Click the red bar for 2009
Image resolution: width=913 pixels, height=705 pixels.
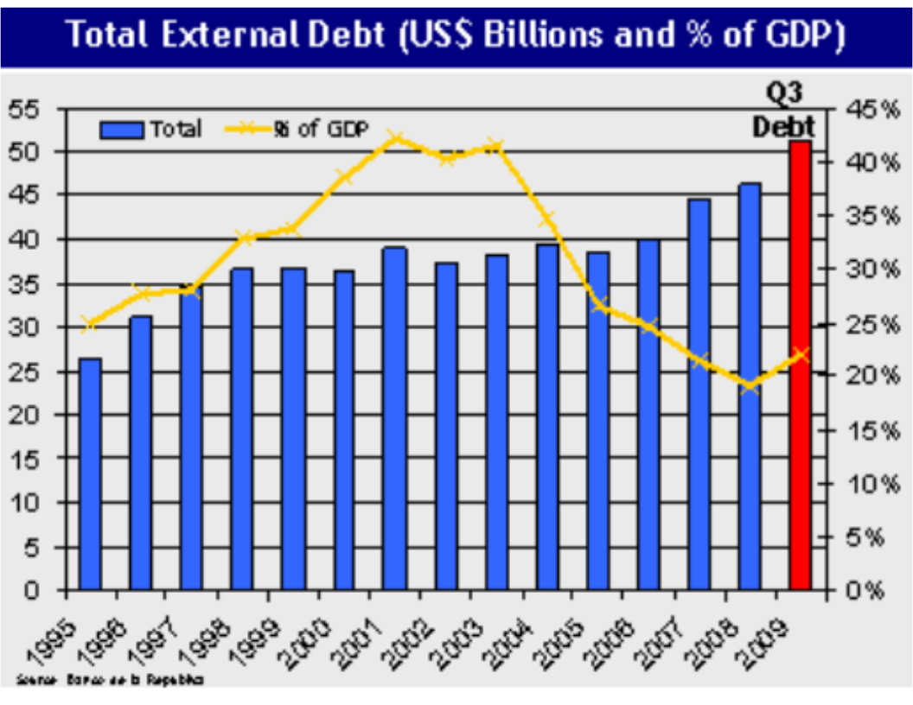click(801, 366)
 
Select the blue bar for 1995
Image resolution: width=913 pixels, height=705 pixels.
click(90, 474)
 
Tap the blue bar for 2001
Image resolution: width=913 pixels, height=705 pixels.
click(394, 419)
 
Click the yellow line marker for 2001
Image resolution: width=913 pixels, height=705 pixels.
click(394, 137)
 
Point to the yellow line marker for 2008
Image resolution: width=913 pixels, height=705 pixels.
click(750, 386)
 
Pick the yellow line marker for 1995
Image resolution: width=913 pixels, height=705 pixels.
click(89, 324)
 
